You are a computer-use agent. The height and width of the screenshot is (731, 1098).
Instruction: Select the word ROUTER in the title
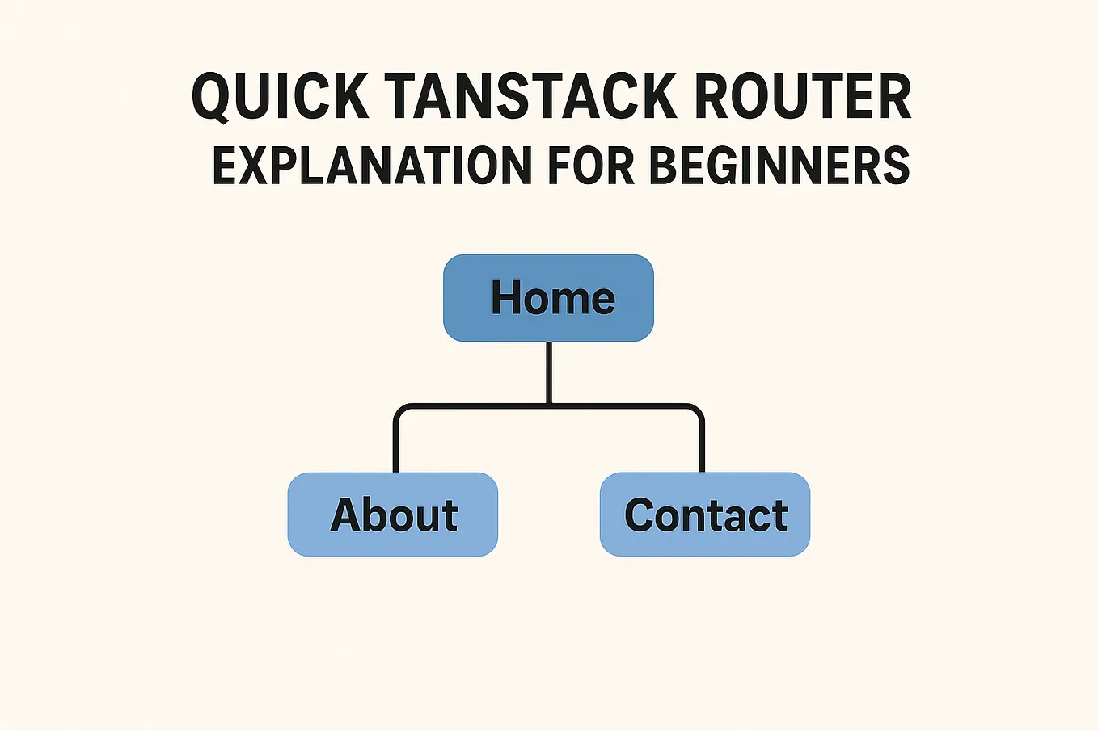tap(803, 97)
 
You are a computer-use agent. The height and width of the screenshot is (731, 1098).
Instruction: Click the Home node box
tap(548, 298)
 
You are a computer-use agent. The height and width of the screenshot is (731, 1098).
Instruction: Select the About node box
tap(393, 515)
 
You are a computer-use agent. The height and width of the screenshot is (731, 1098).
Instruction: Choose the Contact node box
tap(704, 515)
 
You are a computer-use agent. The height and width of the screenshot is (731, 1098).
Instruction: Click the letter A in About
tap(347, 515)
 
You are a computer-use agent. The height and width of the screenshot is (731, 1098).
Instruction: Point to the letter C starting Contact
tap(640, 515)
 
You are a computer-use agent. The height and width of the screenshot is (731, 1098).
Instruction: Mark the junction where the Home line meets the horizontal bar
tap(549, 405)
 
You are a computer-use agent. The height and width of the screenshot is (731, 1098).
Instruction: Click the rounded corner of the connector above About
tap(400, 411)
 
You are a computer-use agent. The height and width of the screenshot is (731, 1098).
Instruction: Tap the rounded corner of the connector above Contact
tap(697, 411)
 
